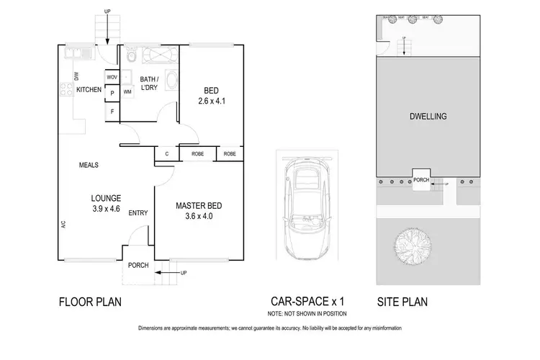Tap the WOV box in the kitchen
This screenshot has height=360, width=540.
coord(112,77)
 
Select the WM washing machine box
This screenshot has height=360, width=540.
coord(127,92)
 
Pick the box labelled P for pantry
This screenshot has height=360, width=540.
coord(112,93)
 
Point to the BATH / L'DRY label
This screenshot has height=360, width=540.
coord(149,84)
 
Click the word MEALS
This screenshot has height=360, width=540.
coord(89,165)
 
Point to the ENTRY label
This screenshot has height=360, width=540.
coord(138,213)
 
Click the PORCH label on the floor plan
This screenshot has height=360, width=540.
coord(138,266)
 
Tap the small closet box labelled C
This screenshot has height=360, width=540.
coord(166,154)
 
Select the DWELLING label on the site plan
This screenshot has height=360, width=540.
coord(428,116)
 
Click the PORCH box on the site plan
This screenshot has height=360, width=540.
coord(420,181)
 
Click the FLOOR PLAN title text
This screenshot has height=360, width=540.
coord(89,302)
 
